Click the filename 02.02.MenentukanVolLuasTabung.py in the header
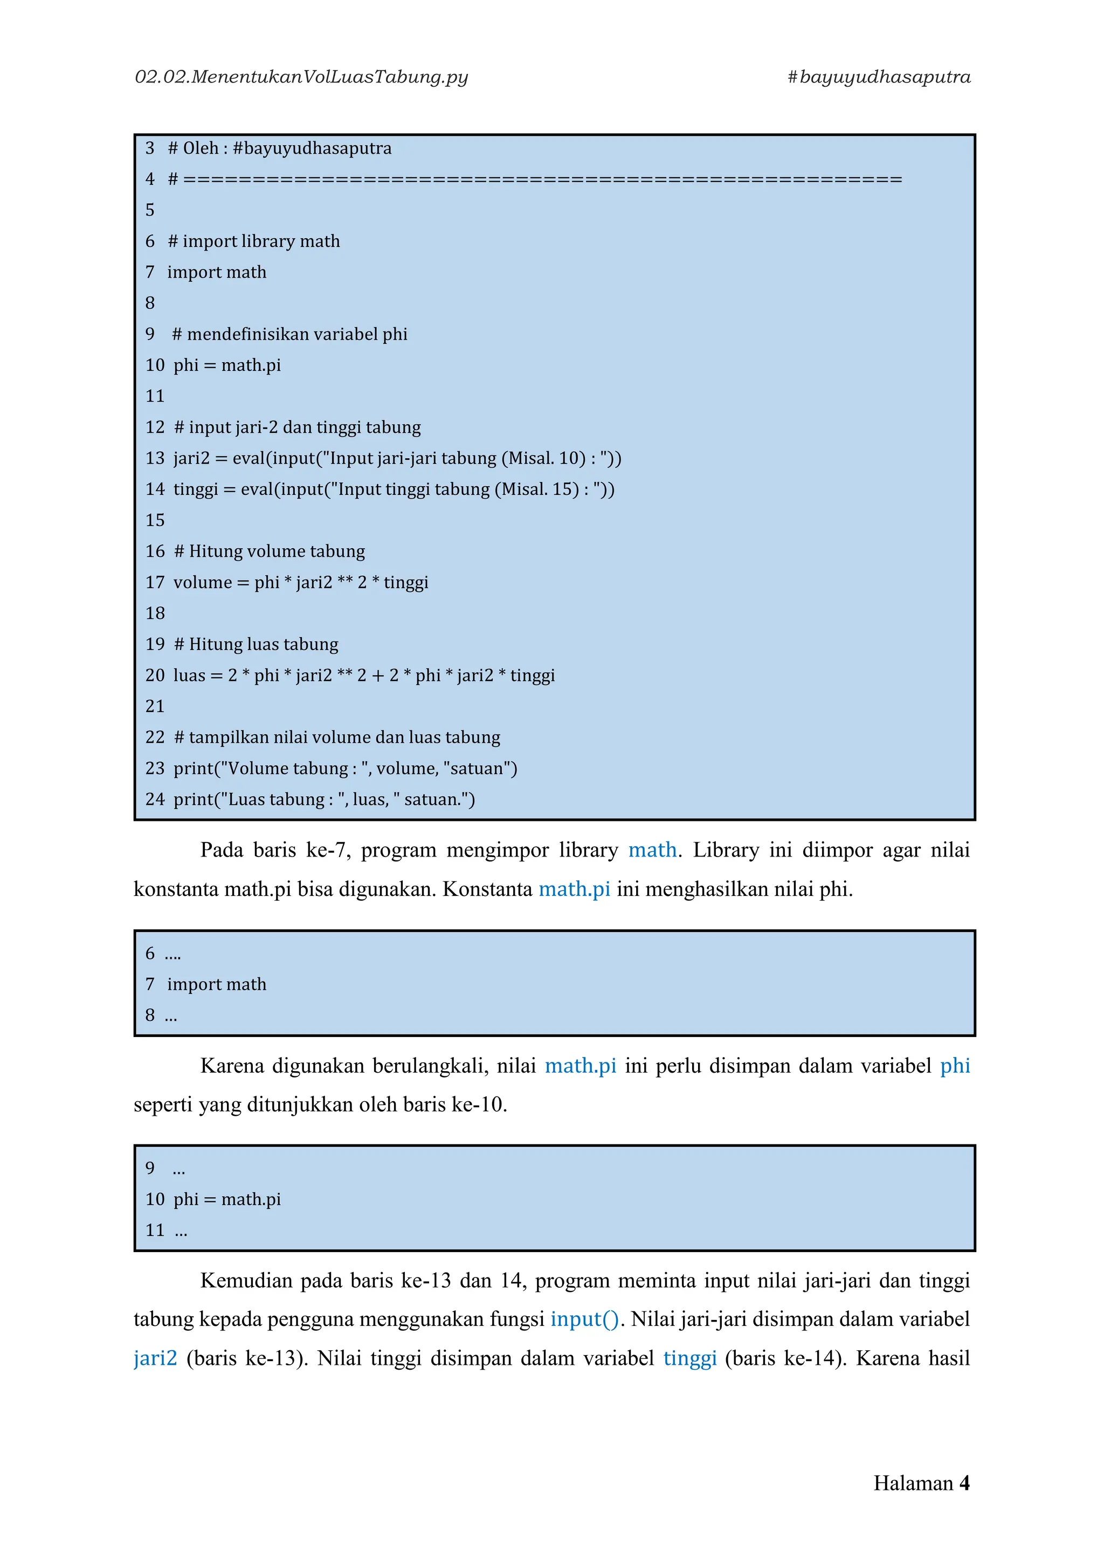(301, 77)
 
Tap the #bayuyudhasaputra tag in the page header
(878, 77)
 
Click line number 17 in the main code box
(155, 582)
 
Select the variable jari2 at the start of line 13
(192, 458)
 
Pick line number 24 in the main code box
(155, 799)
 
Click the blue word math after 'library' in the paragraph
(652, 850)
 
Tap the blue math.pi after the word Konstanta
(575, 889)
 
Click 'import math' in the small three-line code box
(217, 984)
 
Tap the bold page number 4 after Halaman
(964, 1483)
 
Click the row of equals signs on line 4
(542, 179)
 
